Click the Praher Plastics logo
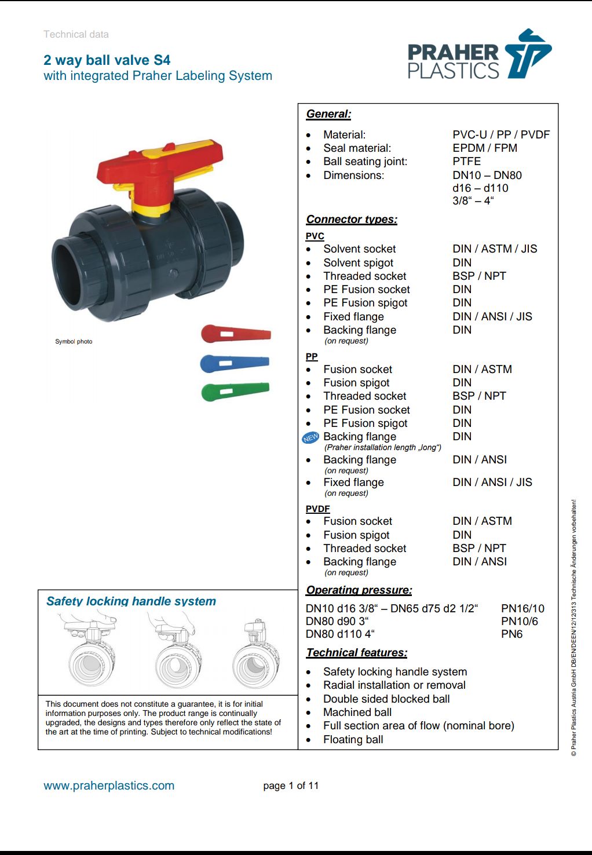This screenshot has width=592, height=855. click(479, 56)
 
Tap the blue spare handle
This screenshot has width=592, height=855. click(234, 363)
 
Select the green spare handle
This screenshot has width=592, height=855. click(234, 391)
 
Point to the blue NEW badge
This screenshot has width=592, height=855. click(310, 438)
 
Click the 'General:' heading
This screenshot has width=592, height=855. click(328, 114)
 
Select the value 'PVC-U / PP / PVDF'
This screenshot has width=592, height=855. click(501, 135)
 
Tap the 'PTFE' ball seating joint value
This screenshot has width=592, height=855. click(466, 162)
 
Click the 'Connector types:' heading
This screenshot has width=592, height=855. click(352, 220)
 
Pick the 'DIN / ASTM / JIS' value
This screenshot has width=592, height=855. click(495, 249)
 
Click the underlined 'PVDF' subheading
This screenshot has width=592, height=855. click(317, 509)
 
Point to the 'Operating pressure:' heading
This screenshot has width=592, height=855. click(359, 590)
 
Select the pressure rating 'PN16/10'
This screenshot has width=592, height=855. click(522, 609)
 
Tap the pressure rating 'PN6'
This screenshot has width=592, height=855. click(511, 634)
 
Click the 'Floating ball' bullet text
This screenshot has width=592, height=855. click(353, 740)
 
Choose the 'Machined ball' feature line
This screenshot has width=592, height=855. click(357, 712)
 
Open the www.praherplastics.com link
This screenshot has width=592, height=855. click(109, 786)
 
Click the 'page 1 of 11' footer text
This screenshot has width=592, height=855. click(291, 786)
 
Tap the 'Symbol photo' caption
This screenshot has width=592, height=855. click(74, 342)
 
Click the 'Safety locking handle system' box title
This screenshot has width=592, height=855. click(131, 601)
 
